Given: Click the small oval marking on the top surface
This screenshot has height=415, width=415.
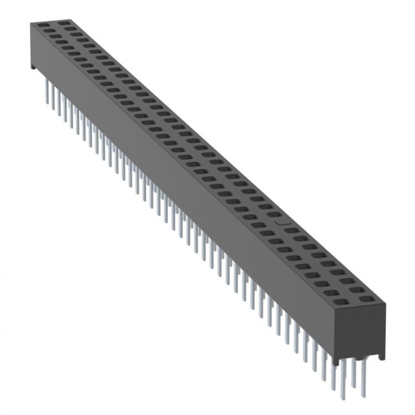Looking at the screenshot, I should pyautogui.click(x=281, y=222).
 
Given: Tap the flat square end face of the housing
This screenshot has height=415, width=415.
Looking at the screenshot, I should pyautogui.click(x=361, y=331).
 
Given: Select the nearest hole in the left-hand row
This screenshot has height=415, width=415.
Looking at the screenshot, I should pyautogui.click(x=345, y=293).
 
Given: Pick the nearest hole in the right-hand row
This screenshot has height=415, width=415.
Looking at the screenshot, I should pyautogui.click(x=367, y=300).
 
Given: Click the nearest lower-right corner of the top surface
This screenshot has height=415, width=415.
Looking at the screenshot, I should pyautogui.click(x=385, y=303).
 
